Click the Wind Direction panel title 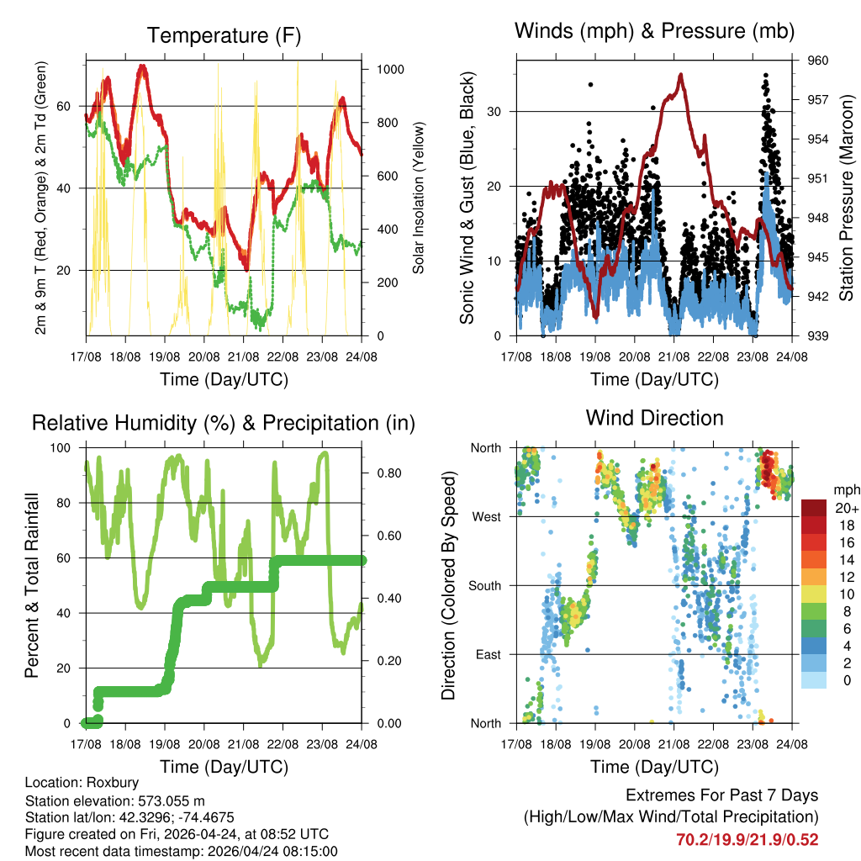point(654,417)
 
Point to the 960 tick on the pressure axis point(819,61)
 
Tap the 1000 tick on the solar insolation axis point(391,70)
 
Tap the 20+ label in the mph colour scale point(845,508)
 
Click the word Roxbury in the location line point(102,782)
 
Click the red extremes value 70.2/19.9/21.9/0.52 point(747,839)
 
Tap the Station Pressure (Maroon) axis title point(847,198)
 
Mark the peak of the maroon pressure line point(680,75)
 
